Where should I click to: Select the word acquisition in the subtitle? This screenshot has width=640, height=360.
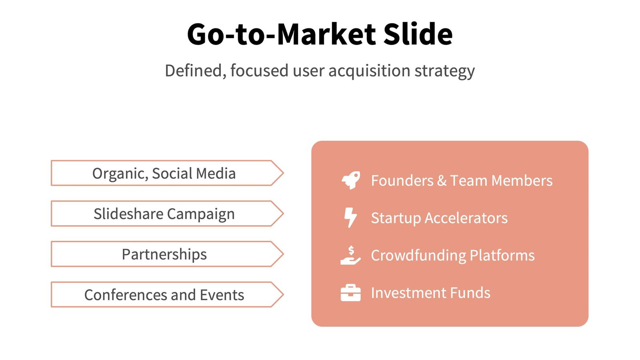tap(369, 71)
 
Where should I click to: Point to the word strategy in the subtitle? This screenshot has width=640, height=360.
tap(444, 71)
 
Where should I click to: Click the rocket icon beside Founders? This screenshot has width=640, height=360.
tap(351, 180)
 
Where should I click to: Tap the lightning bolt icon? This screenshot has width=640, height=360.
tap(350, 218)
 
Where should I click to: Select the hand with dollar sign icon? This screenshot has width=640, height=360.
tap(350, 255)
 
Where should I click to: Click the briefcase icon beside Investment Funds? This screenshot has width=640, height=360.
tap(350, 293)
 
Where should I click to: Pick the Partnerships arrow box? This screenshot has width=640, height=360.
tap(164, 254)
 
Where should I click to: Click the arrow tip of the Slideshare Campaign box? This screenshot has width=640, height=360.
tap(278, 214)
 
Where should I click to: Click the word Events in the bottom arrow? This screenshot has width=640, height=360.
tap(222, 295)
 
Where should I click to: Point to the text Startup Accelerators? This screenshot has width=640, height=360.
tap(439, 218)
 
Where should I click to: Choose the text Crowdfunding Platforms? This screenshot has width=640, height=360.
tap(452, 256)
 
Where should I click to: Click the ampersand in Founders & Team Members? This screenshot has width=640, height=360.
tap(442, 181)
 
